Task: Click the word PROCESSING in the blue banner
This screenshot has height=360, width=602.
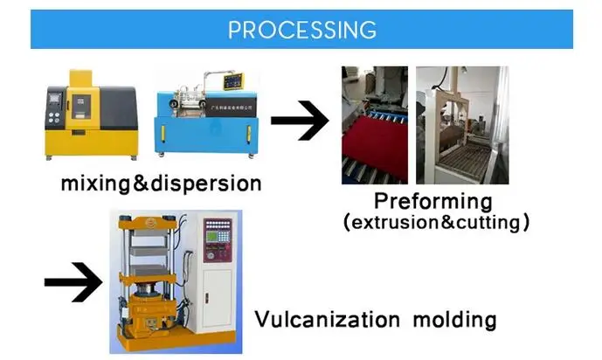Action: [301, 29]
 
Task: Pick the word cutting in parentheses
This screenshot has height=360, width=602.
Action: [488, 223]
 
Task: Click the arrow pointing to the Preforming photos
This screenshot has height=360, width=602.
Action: [300, 122]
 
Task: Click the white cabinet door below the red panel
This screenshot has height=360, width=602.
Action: [217, 297]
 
